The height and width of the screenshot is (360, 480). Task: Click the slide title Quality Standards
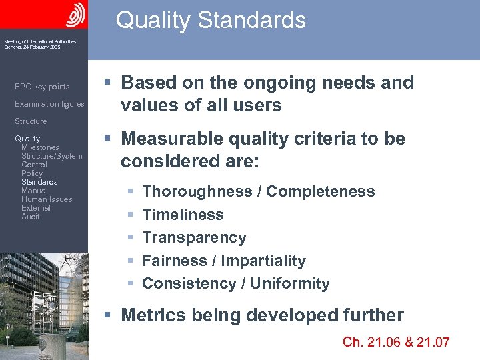pyautogui.click(x=211, y=20)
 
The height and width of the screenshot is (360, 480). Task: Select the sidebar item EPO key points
pyautogui.click(x=42, y=87)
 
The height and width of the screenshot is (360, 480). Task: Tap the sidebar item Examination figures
pyautogui.click(x=49, y=104)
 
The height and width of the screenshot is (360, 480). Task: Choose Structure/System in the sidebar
pyautogui.click(x=51, y=156)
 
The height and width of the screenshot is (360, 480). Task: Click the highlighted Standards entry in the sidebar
pyautogui.click(x=39, y=182)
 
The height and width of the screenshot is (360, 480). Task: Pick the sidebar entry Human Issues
pyautogui.click(x=47, y=199)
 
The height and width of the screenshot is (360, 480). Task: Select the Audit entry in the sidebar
pyautogui.click(x=30, y=217)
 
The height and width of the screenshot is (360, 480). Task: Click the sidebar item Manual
pyautogui.click(x=34, y=191)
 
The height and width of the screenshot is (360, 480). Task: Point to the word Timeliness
pyautogui.click(x=183, y=215)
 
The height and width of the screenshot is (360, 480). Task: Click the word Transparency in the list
pyautogui.click(x=194, y=237)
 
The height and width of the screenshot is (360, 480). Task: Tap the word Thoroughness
pyautogui.click(x=197, y=192)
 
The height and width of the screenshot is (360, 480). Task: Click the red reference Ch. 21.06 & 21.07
pyautogui.click(x=396, y=342)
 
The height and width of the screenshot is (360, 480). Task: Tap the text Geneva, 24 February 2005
pyautogui.click(x=31, y=47)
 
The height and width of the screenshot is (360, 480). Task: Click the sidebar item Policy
pyautogui.click(x=32, y=173)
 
